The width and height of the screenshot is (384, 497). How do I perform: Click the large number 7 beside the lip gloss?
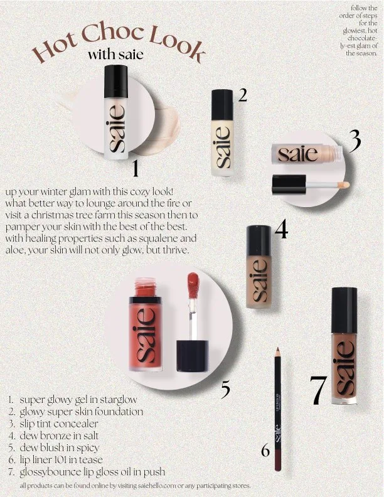tap(317, 390)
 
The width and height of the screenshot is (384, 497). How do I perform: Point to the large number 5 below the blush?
tap(226, 390)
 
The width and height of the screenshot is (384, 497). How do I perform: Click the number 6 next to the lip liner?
tap(265, 451)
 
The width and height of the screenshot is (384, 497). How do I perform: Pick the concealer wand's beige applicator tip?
tap(344, 184)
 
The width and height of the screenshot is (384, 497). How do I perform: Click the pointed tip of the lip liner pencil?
tap(277, 350)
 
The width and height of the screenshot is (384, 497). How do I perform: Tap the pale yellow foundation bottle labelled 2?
tap(223, 133)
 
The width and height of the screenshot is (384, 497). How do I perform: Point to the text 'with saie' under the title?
tap(115, 55)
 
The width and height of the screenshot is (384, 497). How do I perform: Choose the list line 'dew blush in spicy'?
tap(60, 447)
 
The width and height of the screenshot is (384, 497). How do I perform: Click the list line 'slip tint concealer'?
tap(59, 424)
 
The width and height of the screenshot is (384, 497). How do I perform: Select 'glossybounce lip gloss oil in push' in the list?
tap(92, 472)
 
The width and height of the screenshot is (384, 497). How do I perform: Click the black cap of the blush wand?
tap(193, 356)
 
